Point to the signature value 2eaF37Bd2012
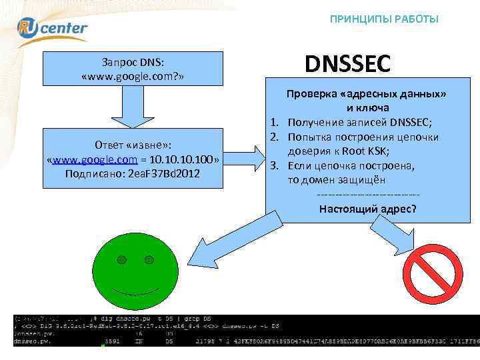pos(170,174)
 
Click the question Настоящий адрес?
pos(367,209)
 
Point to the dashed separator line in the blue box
pos(367,194)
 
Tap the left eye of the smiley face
pos(121,259)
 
